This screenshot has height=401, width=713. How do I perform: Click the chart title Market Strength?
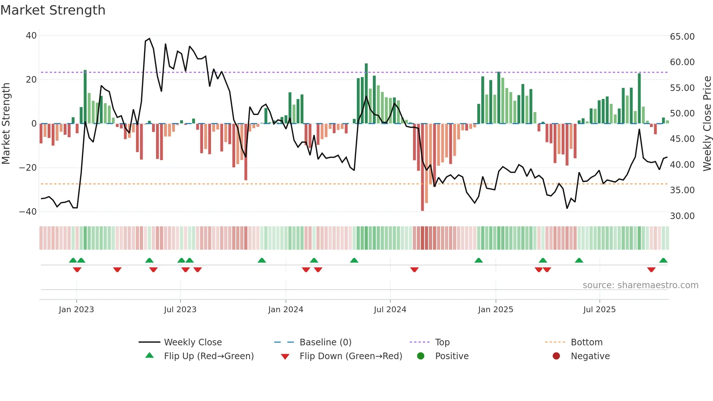[53, 10]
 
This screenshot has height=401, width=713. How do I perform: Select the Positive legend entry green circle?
[421, 356]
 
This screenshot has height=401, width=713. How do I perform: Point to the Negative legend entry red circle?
[556, 356]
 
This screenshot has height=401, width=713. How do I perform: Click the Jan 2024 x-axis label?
[286, 309]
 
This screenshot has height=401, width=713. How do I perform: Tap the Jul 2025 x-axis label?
[599, 309]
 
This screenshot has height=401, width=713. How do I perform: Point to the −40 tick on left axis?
[28, 211]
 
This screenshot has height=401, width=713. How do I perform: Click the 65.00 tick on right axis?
[682, 36]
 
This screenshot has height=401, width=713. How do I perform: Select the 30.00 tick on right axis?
[682, 216]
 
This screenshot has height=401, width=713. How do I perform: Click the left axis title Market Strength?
[6, 123]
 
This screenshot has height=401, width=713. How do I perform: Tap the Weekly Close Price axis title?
[707, 123]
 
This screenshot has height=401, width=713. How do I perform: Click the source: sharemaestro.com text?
[640, 285]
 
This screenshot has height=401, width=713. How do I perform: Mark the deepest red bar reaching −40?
[422, 167]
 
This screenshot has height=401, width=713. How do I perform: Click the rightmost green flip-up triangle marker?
[663, 261]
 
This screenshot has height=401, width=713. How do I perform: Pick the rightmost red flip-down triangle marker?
[651, 269]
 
